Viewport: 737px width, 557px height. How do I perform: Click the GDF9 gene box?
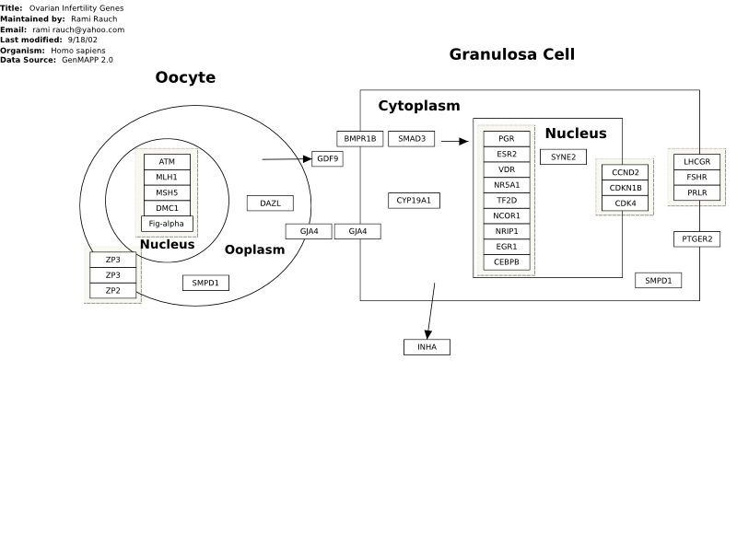pyautogui.click(x=327, y=158)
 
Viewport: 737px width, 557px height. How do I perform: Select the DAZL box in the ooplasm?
pyautogui.click(x=270, y=203)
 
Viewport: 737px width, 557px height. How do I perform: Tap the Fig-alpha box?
pyautogui.click(x=167, y=224)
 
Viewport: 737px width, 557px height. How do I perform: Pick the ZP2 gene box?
pyautogui.click(x=112, y=291)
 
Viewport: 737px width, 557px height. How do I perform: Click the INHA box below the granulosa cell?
pyautogui.click(x=427, y=347)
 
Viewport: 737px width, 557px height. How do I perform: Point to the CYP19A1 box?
pyautogui.click(x=414, y=201)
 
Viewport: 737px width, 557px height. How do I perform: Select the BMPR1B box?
pyautogui.click(x=360, y=138)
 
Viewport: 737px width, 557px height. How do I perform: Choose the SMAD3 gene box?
pyautogui.click(x=411, y=138)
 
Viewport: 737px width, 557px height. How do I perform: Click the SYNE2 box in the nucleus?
pyautogui.click(x=563, y=157)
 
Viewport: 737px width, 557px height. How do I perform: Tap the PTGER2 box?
pyautogui.click(x=696, y=239)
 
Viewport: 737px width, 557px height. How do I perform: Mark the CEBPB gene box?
pyautogui.click(x=507, y=262)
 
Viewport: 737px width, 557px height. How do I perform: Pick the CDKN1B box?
pyautogui.click(x=626, y=188)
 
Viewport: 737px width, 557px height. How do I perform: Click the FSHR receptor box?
pyautogui.click(x=696, y=177)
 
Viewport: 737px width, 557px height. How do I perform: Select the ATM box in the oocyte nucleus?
pyautogui.click(x=167, y=161)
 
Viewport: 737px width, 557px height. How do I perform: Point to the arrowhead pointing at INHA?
pyautogui.click(x=427, y=334)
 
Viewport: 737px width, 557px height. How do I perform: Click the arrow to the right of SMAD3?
pyautogui.click(x=455, y=141)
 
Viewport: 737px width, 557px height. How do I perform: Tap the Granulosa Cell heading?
pyautogui.click(x=512, y=54)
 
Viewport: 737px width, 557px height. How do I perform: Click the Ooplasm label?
pyautogui.click(x=255, y=249)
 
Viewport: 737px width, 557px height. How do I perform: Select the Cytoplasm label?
pyautogui.click(x=419, y=106)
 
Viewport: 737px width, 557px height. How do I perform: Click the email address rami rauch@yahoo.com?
pyautogui.click(x=78, y=29)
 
